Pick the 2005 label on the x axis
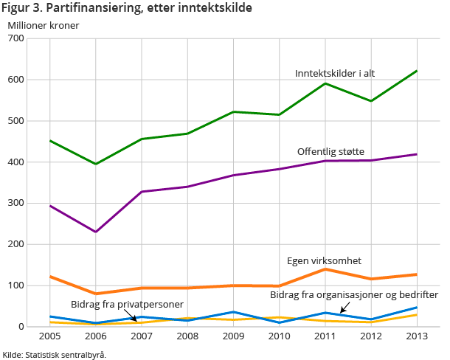[x=49, y=336]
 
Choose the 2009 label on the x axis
[x=233, y=336]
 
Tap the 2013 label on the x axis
[x=417, y=336]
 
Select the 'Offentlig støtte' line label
[x=330, y=151]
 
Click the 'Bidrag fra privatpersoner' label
[x=127, y=304]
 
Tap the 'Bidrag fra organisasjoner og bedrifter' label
[x=354, y=295]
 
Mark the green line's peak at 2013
[x=417, y=71]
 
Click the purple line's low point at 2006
[x=95, y=232]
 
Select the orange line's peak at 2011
[x=325, y=269]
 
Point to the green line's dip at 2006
[x=95, y=164]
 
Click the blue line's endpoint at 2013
[x=417, y=308]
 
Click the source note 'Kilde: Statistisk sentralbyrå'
[x=55, y=354]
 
